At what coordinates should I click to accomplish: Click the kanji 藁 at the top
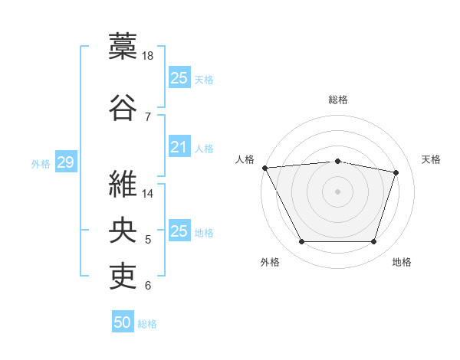click(x=123, y=46)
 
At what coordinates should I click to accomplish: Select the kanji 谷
click(x=123, y=107)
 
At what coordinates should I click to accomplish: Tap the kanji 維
click(x=123, y=184)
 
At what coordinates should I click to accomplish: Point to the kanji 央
click(x=123, y=230)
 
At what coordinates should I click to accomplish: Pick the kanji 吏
click(x=123, y=276)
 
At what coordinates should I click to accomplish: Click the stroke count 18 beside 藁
click(x=147, y=56)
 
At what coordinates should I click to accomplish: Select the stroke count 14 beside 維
click(x=147, y=194)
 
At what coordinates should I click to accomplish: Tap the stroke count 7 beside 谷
click(x=148, y=117)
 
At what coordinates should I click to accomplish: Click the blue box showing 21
click(x=179, y=146)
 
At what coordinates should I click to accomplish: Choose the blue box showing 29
click(x=66, y=162)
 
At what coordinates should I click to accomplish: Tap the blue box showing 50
click(x=123, y=321)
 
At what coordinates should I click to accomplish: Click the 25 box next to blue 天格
click(x=179, y=77)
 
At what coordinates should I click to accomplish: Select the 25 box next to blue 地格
click(x=179, y=230)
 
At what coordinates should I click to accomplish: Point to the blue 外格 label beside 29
click(x=41, y=164)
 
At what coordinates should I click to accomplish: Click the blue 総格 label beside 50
click(x=147, y=324)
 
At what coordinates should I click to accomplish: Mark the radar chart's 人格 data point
click(x=265, y=168)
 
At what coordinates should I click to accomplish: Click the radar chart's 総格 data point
click(x=337, y=162)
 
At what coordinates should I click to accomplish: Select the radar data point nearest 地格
click(x=373, y=241)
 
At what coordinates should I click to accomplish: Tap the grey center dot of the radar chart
click(x=337, y=191)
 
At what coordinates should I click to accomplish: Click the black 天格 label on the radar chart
click(x=431, y=160)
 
